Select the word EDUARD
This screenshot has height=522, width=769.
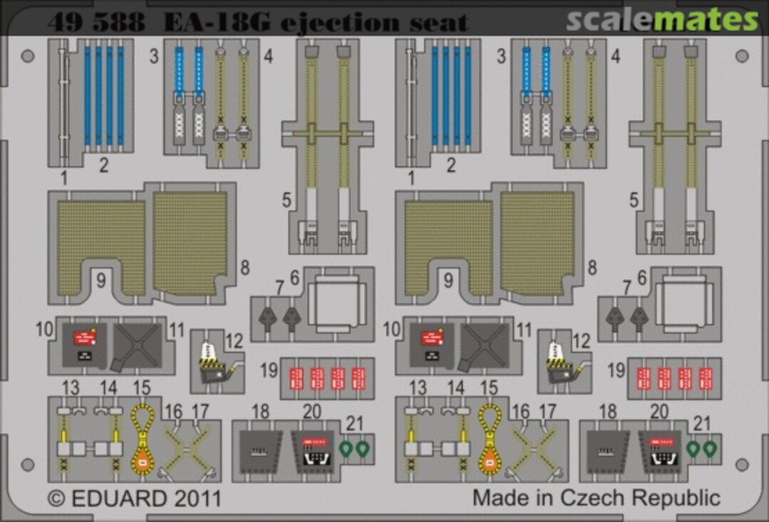click(120, 496)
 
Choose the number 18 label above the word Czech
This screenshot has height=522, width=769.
click(608, 411)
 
